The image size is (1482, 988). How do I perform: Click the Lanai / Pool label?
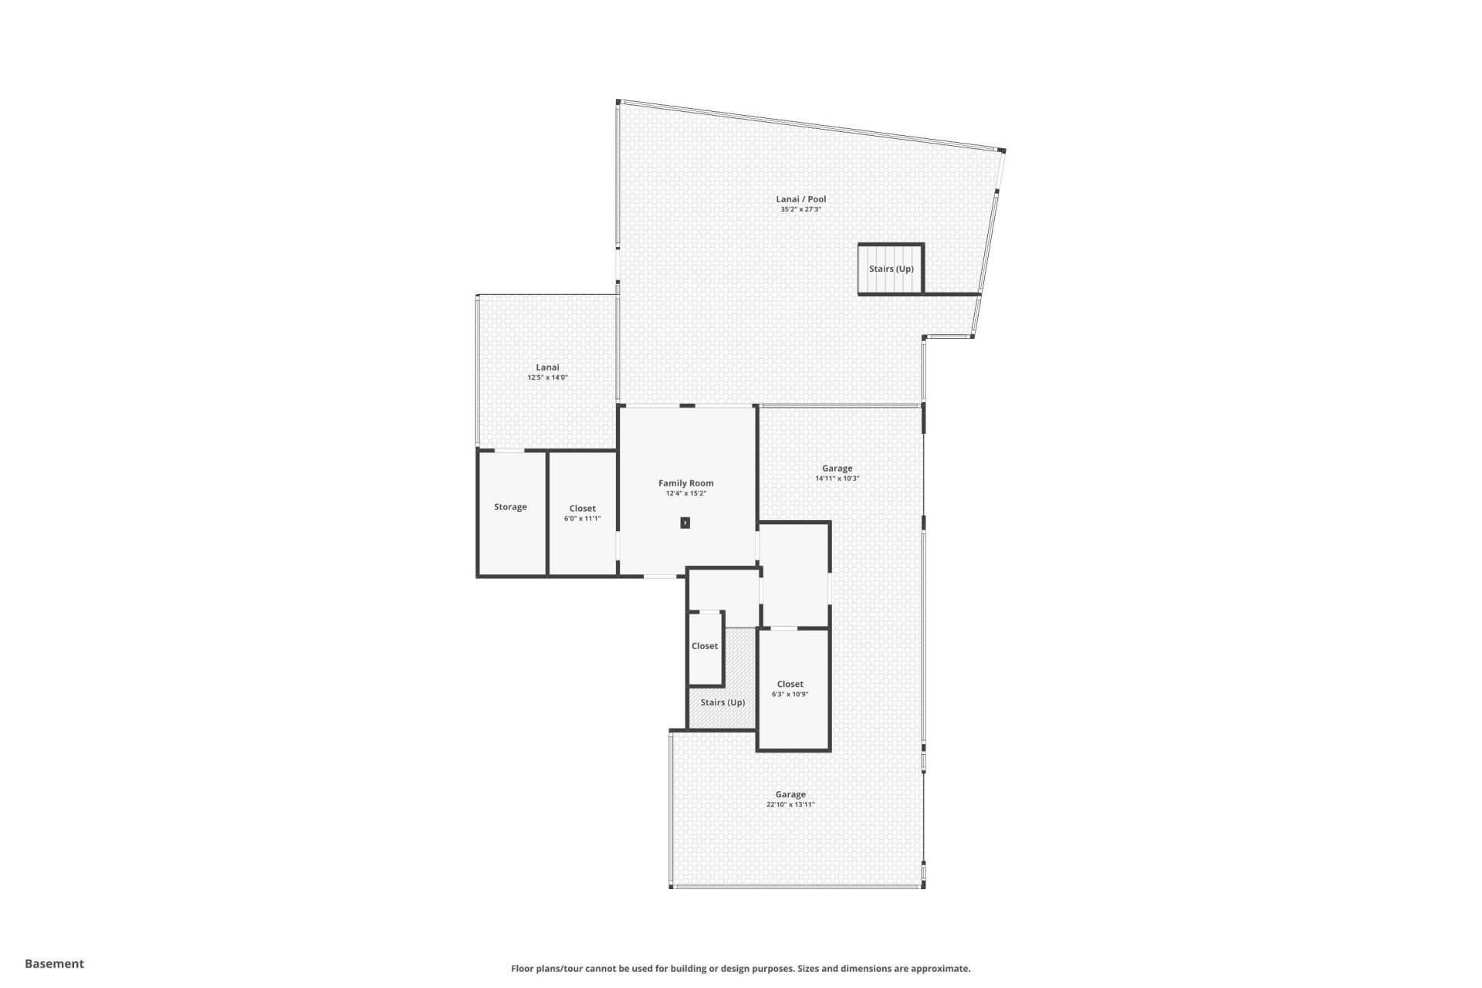pyautogui.click(x=800, y=199)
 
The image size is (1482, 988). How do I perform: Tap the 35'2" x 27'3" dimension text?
pyautogui.click(x=800, y=209)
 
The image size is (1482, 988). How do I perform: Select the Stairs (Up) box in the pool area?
pyautogui.click(x=891, y=269)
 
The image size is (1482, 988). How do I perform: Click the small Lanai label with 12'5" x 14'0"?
pyautogui.click(x=547, y=367)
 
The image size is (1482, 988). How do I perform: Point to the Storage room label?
pyautogui.click(x=510, y=507)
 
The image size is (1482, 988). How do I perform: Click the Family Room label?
pyautogui.click(x=685, y=483)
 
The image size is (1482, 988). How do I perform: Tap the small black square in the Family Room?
pyautogui.click(x=685, y=523)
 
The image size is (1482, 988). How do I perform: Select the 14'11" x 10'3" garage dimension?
pyautogui.click(x=837, y=479)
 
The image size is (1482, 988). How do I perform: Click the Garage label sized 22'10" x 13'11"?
pyautogui.click(x=790, y=794)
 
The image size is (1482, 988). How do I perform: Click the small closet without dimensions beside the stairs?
pyautogui.click(x=704, y=646)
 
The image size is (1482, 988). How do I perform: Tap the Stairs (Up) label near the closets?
pyautogui.click(x=722, y=702)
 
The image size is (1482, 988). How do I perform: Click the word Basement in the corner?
pyautogui.click(x=54, y=963)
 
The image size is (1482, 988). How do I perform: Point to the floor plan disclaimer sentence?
pyautogui.click(x=740, y=969)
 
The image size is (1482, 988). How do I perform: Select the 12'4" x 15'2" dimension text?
pyautogui.click(x=685, y=493)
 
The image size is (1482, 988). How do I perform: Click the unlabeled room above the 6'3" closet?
pyautogui.click(x=795, y=575)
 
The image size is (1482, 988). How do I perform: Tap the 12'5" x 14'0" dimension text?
pyautogui.click(x=547, y=377)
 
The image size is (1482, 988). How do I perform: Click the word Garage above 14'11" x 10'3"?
pyautogui.click(x=837, y=469)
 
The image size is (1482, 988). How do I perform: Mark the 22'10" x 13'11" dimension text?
pyautogui.click(x=790, y=804)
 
